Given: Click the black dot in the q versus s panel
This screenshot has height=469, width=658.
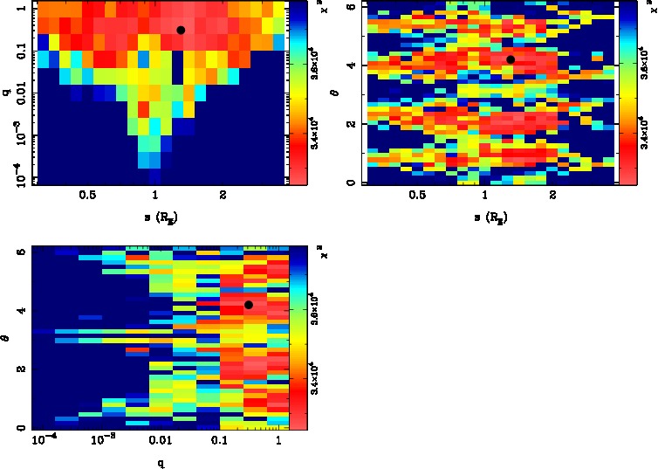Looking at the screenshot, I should (181, 30).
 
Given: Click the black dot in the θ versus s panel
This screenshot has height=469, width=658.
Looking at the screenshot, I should (511, 59).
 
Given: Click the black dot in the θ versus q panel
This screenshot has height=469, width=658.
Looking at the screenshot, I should (249, 305).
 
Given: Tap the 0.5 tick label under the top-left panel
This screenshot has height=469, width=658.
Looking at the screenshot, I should (86, 197).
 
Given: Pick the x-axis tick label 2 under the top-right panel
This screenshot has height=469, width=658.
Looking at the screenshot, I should (553, 197).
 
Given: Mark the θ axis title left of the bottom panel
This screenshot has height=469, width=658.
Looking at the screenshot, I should (6, 337).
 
